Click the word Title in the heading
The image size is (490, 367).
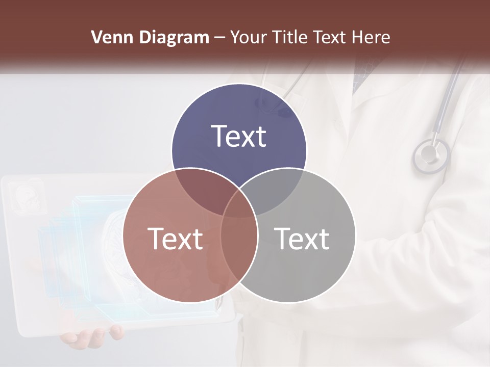pyautogui.click(x=291, y=37)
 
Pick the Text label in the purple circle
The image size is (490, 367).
pyautogui.click(x=239, y=136)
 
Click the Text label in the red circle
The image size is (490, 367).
pyautogui.click(x=175, y=239)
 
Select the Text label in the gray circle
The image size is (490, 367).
pyautogui.click(x=302, y=239)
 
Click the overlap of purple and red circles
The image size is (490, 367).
pyautogui.click(x=202, y=189)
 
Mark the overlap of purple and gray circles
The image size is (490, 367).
pyautogui.click(x=276, y=189)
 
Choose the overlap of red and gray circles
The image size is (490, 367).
pyautogui.click(x=239, y=245)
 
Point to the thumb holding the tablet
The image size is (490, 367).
pyautogui.click(x=116, y=332)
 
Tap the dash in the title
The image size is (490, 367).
pyautogui.click(x=219, y=38)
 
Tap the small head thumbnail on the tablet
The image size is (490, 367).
pyautogui.click(x=27, y=197)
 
